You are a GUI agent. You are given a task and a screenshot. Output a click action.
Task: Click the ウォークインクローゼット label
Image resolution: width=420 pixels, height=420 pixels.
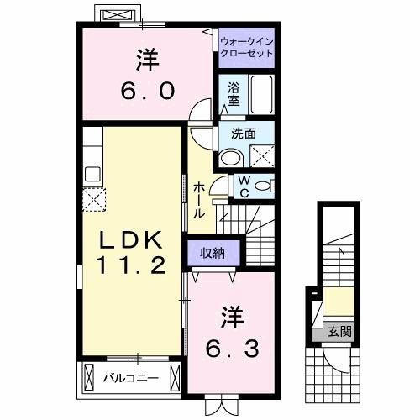tap(246, 46)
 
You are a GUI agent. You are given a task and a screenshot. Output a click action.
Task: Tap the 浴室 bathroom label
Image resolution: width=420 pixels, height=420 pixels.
tap(232, 92)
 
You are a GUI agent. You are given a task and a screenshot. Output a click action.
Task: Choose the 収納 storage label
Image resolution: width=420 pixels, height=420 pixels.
tap(212, 252)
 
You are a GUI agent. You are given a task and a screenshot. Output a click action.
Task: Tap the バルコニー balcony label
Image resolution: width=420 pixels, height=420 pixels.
tap(131, 378)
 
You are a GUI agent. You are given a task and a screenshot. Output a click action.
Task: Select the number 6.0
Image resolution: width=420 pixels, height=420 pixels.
tap(148, 89)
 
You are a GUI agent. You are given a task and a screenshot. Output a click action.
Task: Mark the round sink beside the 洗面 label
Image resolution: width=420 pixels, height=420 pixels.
tap(229, 157)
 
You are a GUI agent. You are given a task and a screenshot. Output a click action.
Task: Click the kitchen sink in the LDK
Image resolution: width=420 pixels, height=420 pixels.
tap(92, 175)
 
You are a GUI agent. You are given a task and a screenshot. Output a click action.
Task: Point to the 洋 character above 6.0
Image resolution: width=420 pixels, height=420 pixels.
tap(148, 60)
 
